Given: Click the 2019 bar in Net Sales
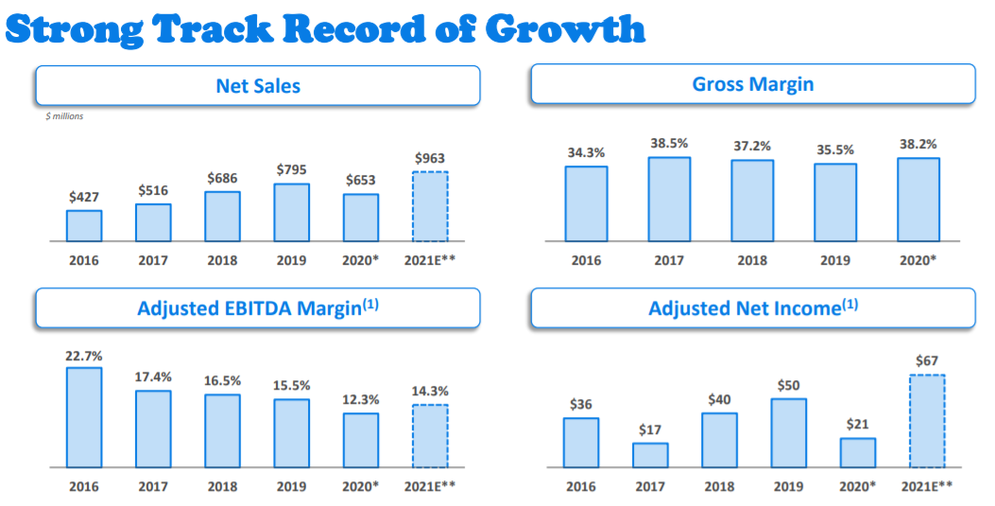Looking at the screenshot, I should click(x=292, y=212).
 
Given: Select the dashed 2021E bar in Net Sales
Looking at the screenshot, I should click(x=430, y=206).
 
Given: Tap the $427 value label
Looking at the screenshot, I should click(x=84, y=197).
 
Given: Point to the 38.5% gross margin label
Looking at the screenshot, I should click(x=669, y=144).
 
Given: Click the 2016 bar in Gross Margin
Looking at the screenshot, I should click(x=586, y=203).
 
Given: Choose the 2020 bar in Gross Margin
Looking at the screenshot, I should click(x=918, y=200).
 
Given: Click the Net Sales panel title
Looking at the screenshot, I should click(x=258, y=86).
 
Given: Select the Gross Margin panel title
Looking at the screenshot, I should click(x=753, y=84).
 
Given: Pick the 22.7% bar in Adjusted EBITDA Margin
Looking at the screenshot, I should click(x=84, y=417).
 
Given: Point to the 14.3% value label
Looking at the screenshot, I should click(x=430, y=391).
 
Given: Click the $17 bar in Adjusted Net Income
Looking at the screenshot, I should click(x=650, y=455).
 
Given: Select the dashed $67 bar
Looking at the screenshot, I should click(x=927, y=421).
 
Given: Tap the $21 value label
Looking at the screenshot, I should click(x=858, y=424).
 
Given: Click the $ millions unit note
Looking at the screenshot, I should click(x=64, y=116).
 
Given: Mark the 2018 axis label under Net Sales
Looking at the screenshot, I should click(x=222, y=260).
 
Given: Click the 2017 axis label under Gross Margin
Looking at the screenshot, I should click(x=669, y=260).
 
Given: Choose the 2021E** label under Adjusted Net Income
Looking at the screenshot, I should click(x=927, y=486).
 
